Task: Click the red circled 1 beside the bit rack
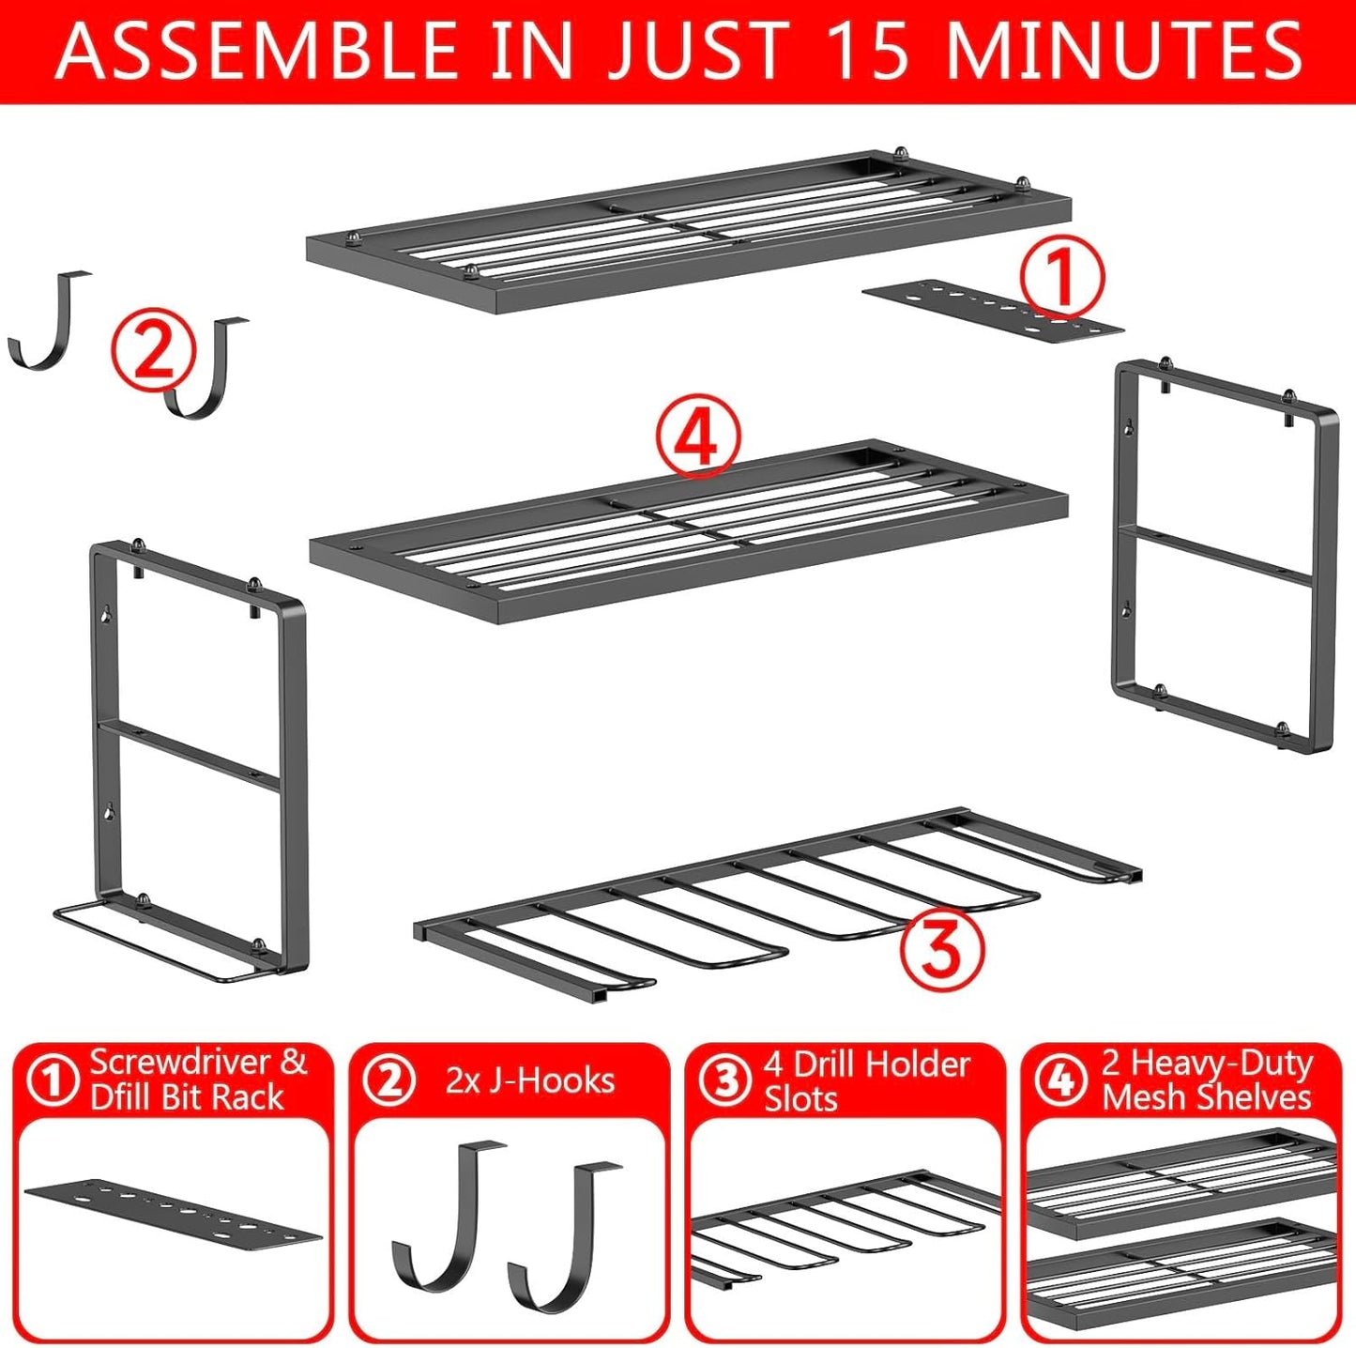(x=1061, y=278)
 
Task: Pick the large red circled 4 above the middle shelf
(x=698, y=437)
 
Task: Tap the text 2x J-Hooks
(x=530, y=1080)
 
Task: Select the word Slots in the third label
(x=800, y=1098)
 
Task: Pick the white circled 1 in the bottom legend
(x=53, y=1080)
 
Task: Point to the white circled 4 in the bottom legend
(x=1060, y=1080)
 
